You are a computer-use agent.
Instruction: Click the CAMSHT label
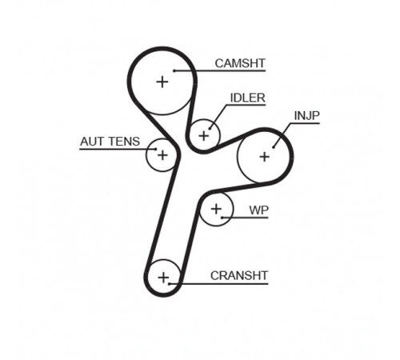tap(240, 63)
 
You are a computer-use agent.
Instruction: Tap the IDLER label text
tap(248, 98)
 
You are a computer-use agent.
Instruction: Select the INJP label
tap(306, 116)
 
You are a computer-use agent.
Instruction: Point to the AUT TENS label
tap(110, 142)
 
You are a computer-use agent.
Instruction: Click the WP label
tap(258, 210)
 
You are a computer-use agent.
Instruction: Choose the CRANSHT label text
tap(239, 275)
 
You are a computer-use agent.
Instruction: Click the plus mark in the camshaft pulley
tap(162, 82)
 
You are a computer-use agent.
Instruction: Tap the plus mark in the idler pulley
tap(204, 136)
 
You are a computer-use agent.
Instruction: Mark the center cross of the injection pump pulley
tap(265, 157)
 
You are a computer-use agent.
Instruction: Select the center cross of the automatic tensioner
tap(162, 155)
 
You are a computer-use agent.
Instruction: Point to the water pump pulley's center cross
tap(216, 209)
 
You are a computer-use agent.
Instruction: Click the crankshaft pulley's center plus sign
tap(163, 278)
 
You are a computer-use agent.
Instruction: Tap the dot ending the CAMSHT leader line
tap(174, 70)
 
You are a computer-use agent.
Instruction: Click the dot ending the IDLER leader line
tap(210, 129)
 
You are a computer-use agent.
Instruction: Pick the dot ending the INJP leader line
tap(274, 147)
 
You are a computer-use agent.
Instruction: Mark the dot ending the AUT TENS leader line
tap(156, 149)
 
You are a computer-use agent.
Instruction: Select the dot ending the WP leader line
tap(222, 218)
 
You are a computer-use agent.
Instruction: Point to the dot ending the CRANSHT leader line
tap(170, 284)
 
